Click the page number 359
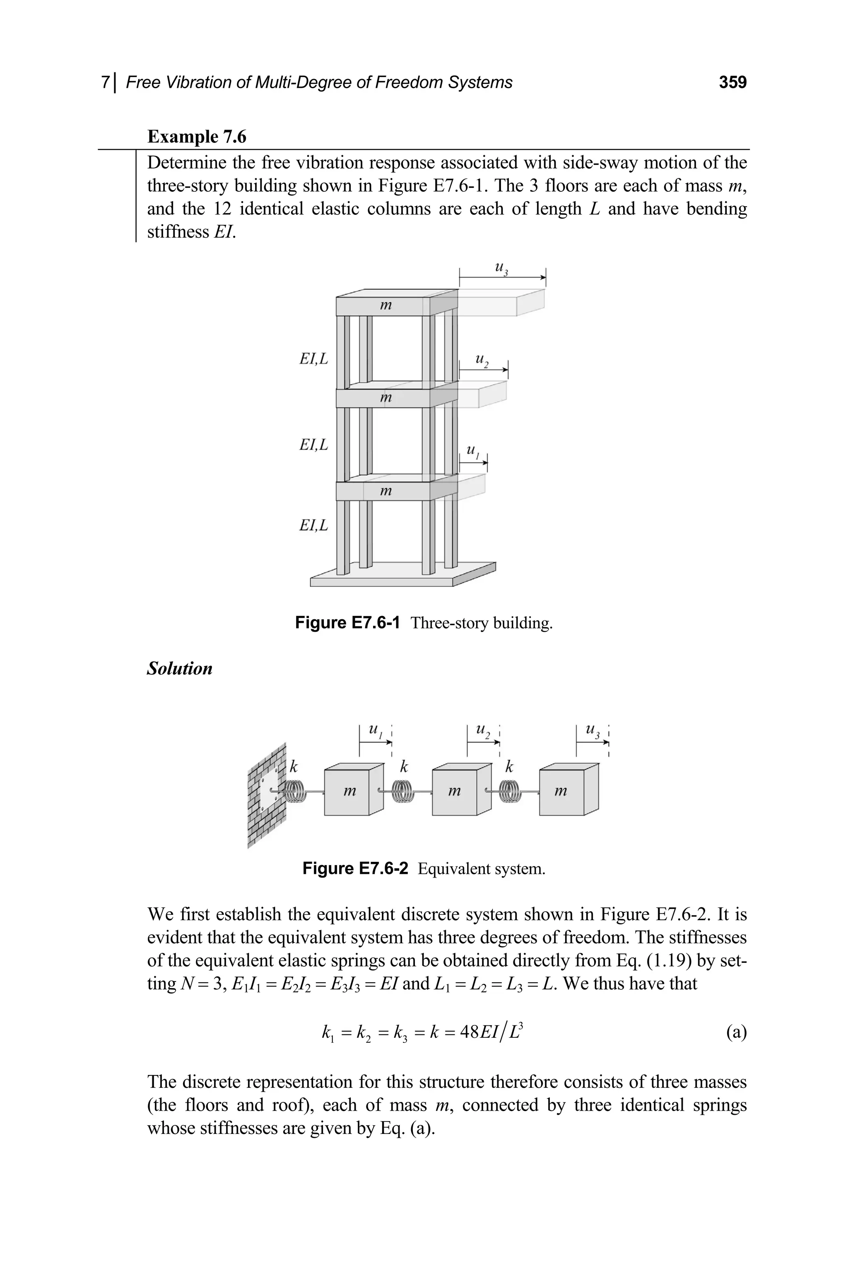point(732,82)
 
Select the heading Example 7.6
point(196,136)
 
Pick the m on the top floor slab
point(385,306)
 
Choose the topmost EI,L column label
point(314,359)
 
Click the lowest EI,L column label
point(314,525)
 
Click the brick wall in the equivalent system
point(266,795)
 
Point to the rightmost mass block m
point(562,792)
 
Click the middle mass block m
point(455,792)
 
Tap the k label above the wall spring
point(294,767)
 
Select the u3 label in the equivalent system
point(593,731)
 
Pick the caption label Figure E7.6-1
point(347,623)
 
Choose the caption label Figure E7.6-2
point(355,868)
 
